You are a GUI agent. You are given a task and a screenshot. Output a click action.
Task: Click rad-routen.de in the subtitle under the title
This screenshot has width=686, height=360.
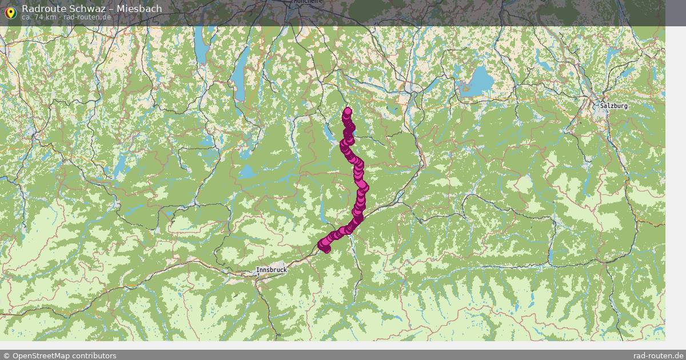87,17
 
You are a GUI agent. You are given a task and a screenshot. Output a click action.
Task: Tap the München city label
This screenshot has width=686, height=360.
305,2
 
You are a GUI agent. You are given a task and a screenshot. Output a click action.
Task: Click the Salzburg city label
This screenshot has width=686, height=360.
614,106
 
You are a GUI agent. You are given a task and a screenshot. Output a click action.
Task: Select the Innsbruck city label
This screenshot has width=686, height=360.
271,269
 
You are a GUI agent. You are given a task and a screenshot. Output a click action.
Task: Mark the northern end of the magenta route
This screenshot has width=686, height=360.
347,111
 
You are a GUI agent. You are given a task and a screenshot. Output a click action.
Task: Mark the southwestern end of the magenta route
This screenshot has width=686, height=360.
324,247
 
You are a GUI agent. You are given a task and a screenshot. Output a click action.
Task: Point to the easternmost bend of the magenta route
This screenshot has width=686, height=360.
364,187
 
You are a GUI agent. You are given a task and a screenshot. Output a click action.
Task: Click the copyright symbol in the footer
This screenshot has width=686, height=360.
6,355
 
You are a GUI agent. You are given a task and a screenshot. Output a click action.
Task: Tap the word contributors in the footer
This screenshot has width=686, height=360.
94,355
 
